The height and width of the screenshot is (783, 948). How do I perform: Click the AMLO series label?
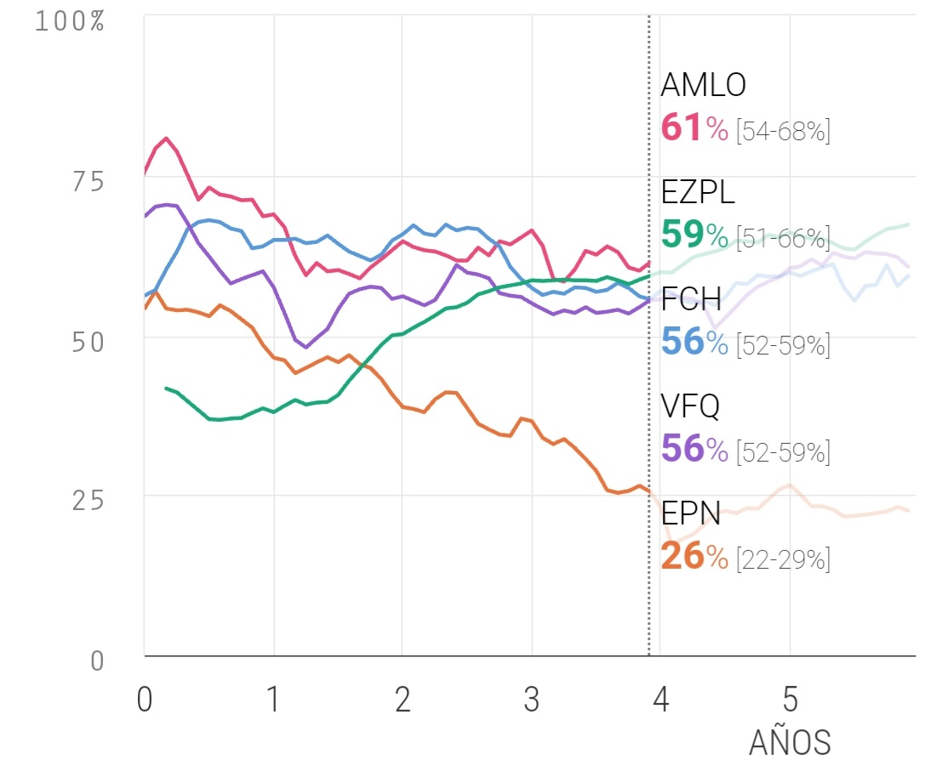coord(703,85)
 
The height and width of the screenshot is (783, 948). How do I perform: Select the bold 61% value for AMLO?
coord(694,129)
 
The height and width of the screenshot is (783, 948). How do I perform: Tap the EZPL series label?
coord(697,193)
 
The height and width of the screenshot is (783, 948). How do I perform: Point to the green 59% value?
coord(694,235)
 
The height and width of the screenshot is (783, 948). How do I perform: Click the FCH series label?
coord(691,299)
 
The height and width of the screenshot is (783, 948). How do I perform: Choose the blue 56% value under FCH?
coord(694,343)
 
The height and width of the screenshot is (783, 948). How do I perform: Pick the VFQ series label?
coord(690,407)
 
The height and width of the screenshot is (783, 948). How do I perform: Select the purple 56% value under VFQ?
coord(694,450)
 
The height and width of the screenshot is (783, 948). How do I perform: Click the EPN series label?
coord(691,513)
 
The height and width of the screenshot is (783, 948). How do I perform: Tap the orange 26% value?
coord(694,557)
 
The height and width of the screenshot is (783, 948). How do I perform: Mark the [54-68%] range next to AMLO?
coord(782,131)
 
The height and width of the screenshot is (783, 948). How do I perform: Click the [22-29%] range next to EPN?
coord(782,559)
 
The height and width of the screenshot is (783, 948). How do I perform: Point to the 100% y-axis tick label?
coord(69,21)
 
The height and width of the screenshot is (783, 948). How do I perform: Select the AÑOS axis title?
coord(790,742)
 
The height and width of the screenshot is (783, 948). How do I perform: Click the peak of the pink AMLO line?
coord(166,138)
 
